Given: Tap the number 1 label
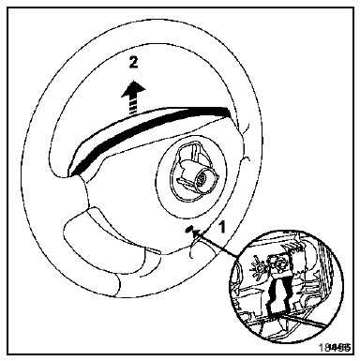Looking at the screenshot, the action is click(222, 226).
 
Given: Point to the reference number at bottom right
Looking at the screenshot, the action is click(335, 348).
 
